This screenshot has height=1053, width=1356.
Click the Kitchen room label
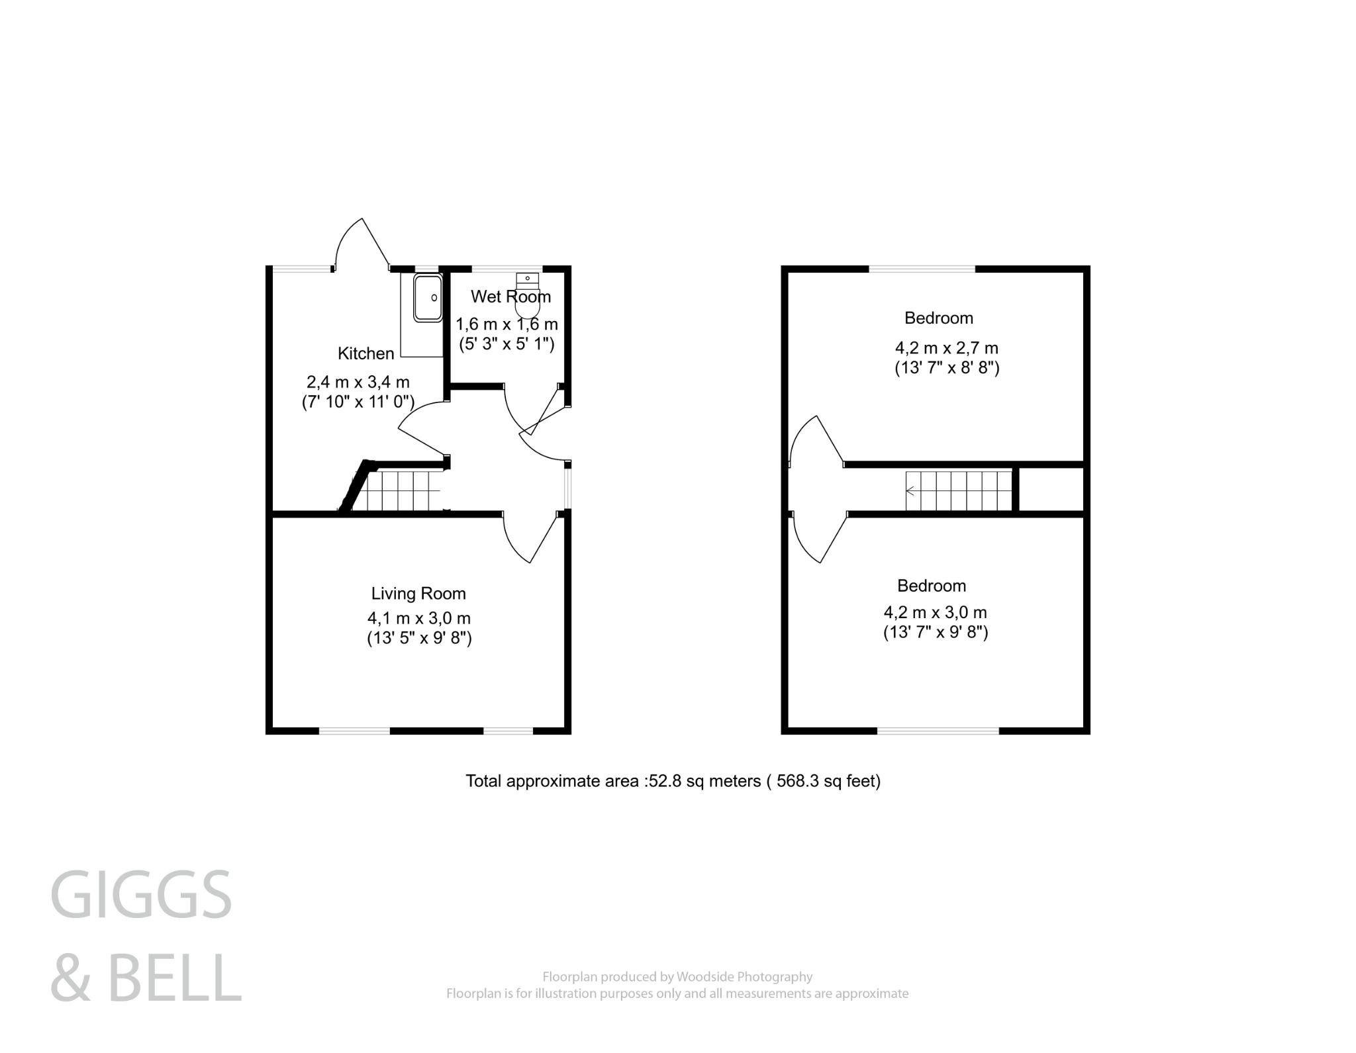click(x=365, y=353)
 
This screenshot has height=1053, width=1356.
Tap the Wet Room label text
click(x=510, y=297)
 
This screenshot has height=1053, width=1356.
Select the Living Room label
click(x=418, y=594)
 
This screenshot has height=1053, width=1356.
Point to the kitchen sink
click(x=427, y=298)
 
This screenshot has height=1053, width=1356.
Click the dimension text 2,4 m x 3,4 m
click(x=358, y=382)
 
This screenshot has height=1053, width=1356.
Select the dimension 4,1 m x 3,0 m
click(x=418, y=618)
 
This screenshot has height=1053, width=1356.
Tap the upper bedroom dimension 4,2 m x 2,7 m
click(x=946, y=348)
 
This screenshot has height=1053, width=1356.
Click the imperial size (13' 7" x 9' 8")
click(x=935, y=633)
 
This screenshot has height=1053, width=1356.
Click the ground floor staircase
click(x=401, y=490)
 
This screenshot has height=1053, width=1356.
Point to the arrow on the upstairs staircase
click(x=911, y=491)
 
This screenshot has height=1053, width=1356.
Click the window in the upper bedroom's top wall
click(x=922, y=269)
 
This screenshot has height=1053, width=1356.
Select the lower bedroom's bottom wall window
click(x=938, y=731)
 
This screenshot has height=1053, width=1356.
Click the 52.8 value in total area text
click(x=665, y=782)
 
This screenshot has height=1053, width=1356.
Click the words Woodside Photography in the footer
click(x=745, y=977)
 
